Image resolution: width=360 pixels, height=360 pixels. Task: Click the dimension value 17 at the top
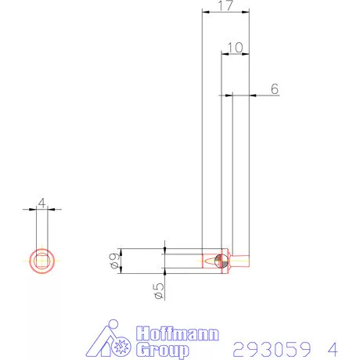tap(225, 6)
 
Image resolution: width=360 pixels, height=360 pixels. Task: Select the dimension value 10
tap(235, 48)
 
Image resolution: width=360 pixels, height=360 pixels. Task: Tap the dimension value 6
tap(275, 89)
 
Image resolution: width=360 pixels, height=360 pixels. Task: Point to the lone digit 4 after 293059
tap(333, 346)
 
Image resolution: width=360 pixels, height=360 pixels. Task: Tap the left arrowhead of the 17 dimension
tap(204, 13)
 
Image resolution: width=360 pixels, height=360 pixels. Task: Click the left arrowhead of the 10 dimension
tap(224, 54)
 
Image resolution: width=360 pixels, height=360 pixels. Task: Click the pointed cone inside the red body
tap(211, 260)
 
